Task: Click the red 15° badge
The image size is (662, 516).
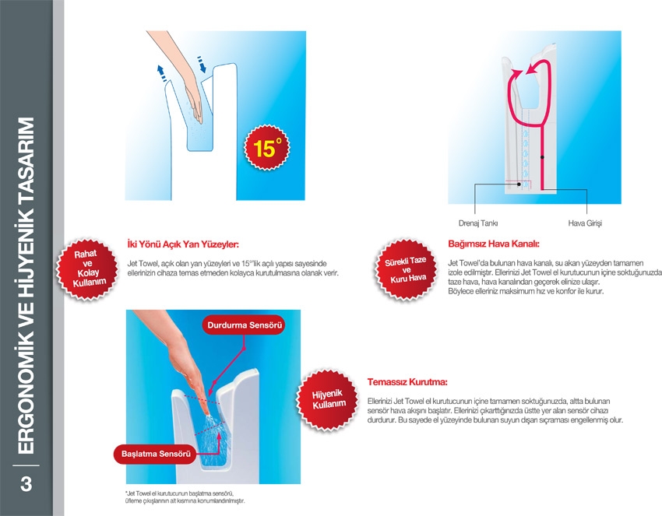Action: click(x=267, y=148)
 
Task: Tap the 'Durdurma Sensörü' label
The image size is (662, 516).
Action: click(x=245, y=325)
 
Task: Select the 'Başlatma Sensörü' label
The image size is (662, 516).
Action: click(x=156, y=454)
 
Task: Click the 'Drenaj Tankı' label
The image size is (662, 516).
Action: click(x=478, y=223)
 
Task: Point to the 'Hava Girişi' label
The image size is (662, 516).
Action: click(x=585, y=223)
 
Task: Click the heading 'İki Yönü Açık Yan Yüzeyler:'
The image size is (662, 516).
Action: click(x=183, y=244)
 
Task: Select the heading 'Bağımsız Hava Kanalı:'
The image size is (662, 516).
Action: click(x=494, y=244)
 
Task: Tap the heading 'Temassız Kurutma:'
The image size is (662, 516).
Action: click(x=407, y=382)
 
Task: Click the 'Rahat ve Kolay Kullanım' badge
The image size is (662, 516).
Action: click(x=87, y=269)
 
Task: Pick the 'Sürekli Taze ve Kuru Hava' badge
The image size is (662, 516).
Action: click(x=406, y=269)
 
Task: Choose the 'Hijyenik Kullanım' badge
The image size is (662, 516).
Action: click(x=327, y=399)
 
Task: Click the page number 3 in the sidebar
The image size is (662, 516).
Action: click(x=26, y=484)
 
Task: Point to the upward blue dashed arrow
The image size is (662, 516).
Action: click(x=161, y=72)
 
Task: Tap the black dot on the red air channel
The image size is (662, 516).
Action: click(x=542, y=157)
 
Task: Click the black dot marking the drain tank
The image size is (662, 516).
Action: click(x=519, y=184)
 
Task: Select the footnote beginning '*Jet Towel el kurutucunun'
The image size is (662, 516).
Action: click(x=185, y=497)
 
